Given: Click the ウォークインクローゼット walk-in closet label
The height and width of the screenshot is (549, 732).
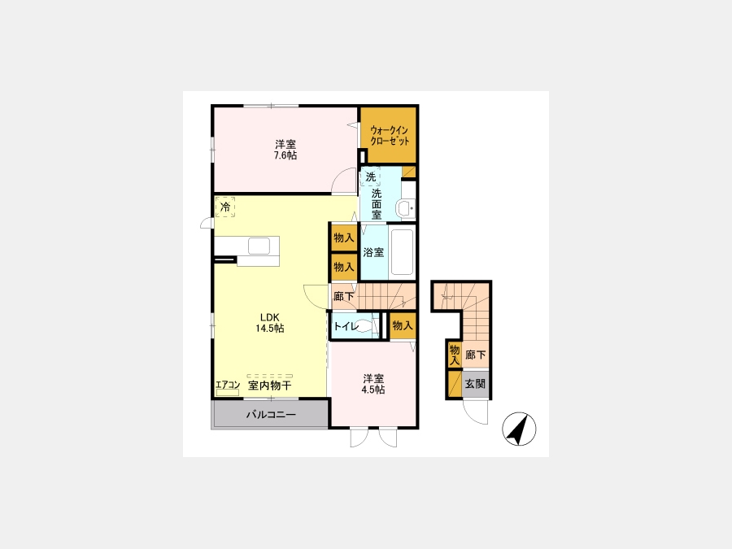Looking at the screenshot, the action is coord(390,135).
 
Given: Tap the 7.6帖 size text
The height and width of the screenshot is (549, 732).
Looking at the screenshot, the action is coord(285,155).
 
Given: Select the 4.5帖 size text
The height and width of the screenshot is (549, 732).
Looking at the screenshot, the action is coord(373,390).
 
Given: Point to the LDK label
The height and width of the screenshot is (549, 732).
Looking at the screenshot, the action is coord(270,317).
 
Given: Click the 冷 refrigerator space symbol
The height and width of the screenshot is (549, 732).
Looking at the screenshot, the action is coord(225,207).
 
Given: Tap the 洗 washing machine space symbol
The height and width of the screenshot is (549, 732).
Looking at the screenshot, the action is coord(371,177).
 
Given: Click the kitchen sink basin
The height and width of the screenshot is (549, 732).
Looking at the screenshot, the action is coord(259,246).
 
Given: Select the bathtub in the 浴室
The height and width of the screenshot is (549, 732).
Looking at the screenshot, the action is coord(402,252).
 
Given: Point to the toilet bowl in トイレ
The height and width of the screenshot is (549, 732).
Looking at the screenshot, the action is coord(368,326).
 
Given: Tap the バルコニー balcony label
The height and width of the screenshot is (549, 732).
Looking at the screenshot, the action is coord(271,414).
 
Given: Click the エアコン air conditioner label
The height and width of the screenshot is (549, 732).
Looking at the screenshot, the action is coord(228,386).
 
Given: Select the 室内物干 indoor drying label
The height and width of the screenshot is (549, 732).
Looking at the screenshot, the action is coord(269,386).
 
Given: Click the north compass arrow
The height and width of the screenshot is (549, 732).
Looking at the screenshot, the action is coord(519,429).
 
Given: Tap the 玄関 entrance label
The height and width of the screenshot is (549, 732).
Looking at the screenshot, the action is coord(475,384).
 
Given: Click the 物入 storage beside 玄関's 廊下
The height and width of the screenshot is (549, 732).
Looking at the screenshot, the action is coord(454,355).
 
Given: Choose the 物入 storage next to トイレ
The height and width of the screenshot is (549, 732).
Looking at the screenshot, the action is coord(403,325).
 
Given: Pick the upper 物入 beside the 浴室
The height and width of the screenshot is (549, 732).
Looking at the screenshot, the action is coord(343,237).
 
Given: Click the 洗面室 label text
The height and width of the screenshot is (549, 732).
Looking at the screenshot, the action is coord(377,204).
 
